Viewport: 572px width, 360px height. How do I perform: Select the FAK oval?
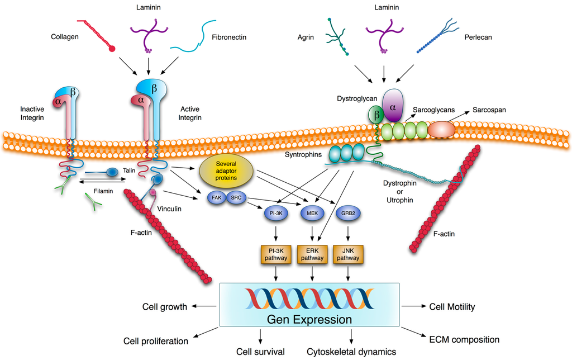pyautogui.click(x=216, y=198)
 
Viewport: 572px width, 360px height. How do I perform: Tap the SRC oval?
pyautogui.click(x=236, y=198)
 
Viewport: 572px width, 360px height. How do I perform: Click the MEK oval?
pyautogui.click(x=312, y=213)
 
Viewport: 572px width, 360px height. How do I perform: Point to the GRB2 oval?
pyautogui.click(x=348, y=213)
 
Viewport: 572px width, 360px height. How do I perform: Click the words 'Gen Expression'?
pyautogui.click(x=309, y=320)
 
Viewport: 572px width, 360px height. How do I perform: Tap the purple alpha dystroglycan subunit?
pyautogui.click(x=392, y=105)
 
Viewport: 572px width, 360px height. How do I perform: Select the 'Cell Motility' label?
pyautogui.click(x=451, y=306)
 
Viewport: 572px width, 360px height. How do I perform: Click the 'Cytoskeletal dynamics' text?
pyautogui.click(x=351, y=352)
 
